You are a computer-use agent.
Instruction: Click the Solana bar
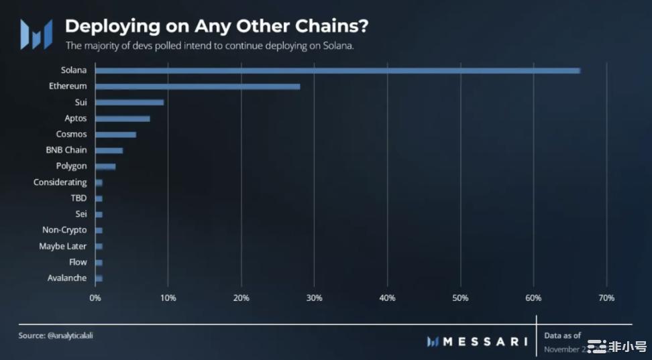coord(337,70)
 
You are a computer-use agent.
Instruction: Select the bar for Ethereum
coord(198,86)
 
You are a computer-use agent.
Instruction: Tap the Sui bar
coord(129,103)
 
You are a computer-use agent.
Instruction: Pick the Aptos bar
coord(123,119)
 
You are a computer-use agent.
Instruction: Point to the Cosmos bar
coord(115,135)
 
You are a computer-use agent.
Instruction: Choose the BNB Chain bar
coord(109,151)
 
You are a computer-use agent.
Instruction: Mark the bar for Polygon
coord(105,166)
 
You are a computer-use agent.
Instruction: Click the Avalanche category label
coord(67,278)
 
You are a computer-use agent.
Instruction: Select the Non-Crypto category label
coord(64,230)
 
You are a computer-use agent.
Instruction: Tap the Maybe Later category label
coord(63,246)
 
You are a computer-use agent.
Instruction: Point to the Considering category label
coord(60,182)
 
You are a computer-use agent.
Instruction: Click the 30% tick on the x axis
coord(314,298)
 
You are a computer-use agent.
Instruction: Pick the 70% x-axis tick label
coord(606,298)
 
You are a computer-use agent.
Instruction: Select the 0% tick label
coord(95,298)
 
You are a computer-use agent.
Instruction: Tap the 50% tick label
coord(460,298)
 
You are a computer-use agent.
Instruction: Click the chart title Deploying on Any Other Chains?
coord(216,27)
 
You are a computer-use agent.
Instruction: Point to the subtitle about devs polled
coord(209,46)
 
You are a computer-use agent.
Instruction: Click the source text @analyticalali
coord(52,334)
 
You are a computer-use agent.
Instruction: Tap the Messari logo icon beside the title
coord(36,34)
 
